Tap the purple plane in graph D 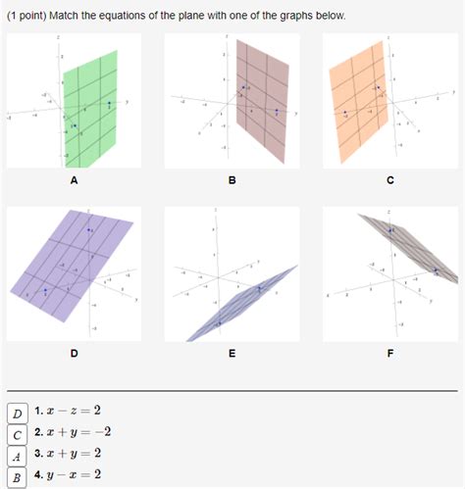69,260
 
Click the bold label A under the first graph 74,181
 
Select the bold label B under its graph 232,181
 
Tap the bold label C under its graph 390,181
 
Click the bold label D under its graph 74,354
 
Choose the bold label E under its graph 232,354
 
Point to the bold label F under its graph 390,354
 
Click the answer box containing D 18,413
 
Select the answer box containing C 18,434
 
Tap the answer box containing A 18,456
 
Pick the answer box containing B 18,477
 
